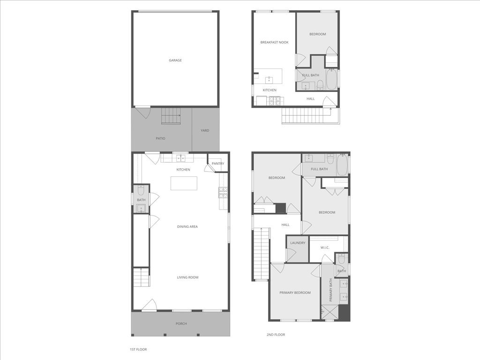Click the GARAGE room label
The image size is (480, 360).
point(175,60)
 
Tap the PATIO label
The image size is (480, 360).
point(160,138)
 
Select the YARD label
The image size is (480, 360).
point(205,130)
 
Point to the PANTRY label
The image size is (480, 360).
point(218,164)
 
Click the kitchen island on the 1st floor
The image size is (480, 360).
point(184,183)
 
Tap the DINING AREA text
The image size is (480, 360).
point(187,227)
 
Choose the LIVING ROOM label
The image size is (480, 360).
point(187,277)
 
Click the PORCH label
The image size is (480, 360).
point(181,324)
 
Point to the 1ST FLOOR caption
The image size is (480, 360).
point(138,349)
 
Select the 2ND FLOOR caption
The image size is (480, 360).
point(276,335)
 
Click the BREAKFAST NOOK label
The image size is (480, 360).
point(274,43)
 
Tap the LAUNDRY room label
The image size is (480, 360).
point(298,243)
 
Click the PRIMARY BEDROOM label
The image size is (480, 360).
point(295,293)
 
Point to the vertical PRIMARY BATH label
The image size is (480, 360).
point(330,290)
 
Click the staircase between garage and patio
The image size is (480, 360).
point(171,115)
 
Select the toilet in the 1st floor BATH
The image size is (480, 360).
point(141,191)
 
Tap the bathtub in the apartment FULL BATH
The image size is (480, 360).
point(331,79)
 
